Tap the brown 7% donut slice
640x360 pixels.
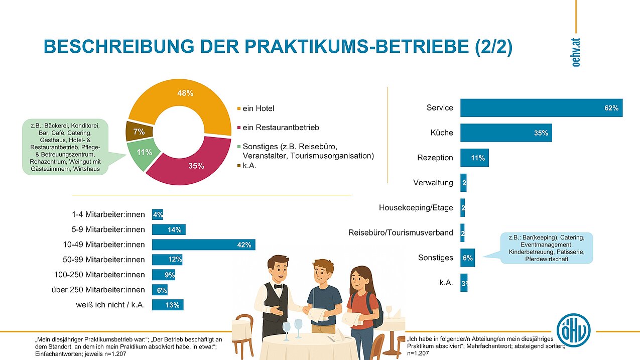[x=137, y=132]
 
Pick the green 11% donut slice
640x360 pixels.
[x=143, y=153]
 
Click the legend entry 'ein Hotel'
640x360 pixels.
[x=258, y=108]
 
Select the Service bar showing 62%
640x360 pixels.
[x=541, y=108]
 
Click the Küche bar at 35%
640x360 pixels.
[x=506, y=133]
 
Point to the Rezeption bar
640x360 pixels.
[x=474, y=158]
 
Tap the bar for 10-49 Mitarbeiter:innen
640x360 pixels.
[x=204, y=245]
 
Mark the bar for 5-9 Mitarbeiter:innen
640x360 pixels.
[x=169, y=230]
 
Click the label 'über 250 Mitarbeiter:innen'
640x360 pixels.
[x=98, y=290]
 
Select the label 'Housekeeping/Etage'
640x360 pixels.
[x=416, y=207]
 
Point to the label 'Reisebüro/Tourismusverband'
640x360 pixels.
[x=401, y=232]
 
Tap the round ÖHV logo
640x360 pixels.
[x=573, y=330]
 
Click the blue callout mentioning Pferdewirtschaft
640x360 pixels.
[x=547, y=248]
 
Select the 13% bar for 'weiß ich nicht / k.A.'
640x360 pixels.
[x=168, y=305]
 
